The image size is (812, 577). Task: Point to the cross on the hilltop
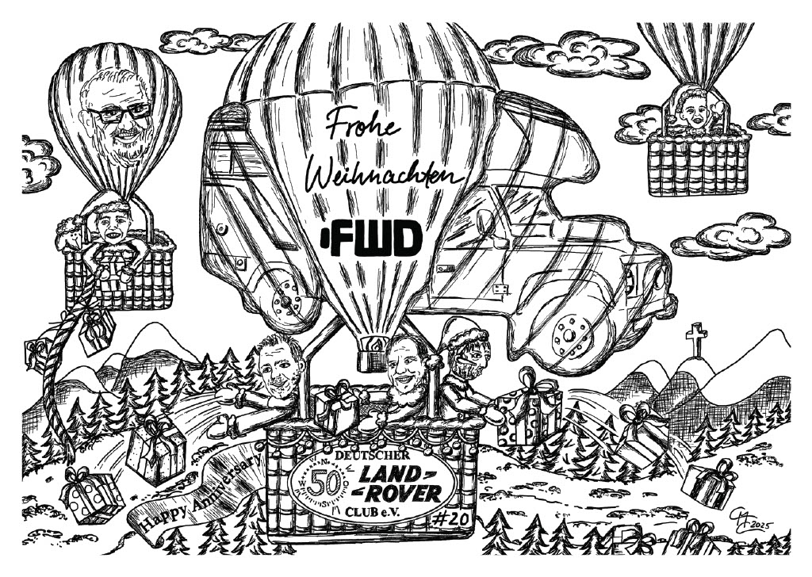(x=695, y=339)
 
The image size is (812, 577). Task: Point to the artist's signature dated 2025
(x=749, y=522)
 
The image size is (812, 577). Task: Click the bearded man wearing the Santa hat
(x=468, y=361)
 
